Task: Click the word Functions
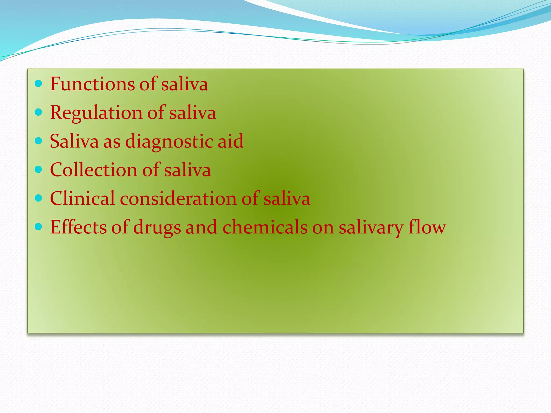92,84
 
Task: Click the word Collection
93,170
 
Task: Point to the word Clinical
82,199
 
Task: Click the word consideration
178,199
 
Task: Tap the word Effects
78,227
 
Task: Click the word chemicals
265,227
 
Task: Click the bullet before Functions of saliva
39,84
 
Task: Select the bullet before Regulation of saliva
39,112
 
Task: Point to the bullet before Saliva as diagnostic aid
39,141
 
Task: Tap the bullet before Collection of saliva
39,169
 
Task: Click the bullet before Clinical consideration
39,198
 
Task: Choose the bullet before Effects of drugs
39,227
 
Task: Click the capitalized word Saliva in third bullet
74,141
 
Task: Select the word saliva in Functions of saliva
185,84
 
